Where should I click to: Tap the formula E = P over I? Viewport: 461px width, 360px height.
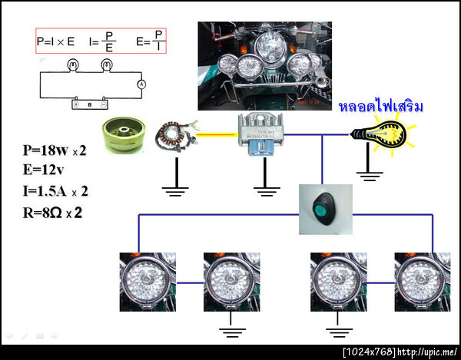click(x=150, y=40)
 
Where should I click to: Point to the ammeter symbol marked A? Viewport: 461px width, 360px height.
click(x=141, y=83)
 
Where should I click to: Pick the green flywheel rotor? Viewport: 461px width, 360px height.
click(x=126, y=134)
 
